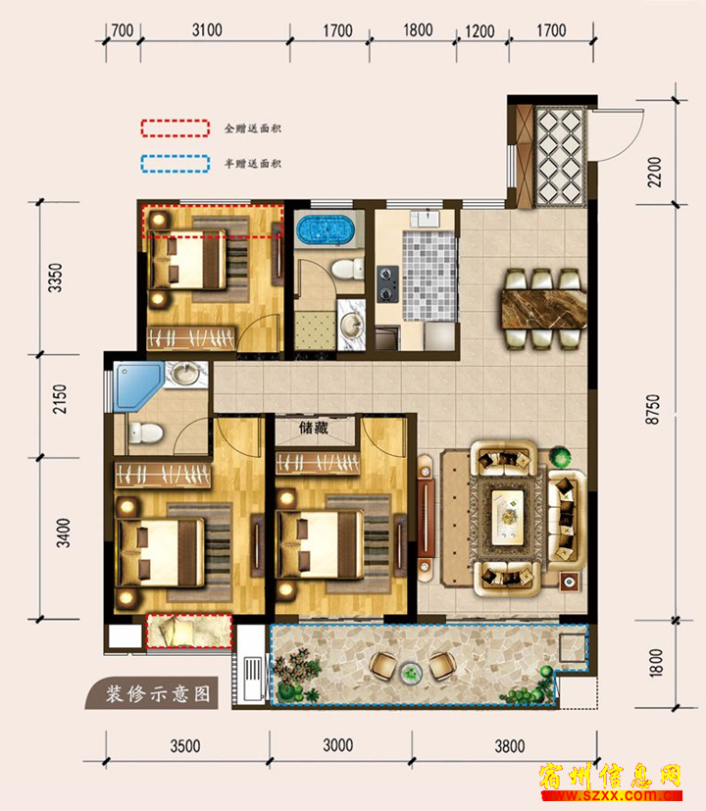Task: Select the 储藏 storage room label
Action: (x=314, y=428)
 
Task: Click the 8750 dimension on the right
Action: (x=653, y=409)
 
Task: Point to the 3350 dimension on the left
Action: (x=55, y=278)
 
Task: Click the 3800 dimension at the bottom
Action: (x=510, y=746)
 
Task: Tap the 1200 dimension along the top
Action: (x=479, y=31)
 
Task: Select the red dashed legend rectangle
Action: (x=176, y=128)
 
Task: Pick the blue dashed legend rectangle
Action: (x=176, y=164)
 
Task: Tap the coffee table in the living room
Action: (x=508, y=517)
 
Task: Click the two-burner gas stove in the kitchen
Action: (x=387, y=283)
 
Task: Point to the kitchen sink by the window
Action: (x=426, y=218)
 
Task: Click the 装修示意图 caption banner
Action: (x=153, y=692)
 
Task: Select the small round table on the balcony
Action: (x=411, y=673)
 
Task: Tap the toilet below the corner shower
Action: (x=144, y=432)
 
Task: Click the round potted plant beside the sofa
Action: (x=560, y=456)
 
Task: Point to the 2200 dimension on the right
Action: (x=654, y=172)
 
